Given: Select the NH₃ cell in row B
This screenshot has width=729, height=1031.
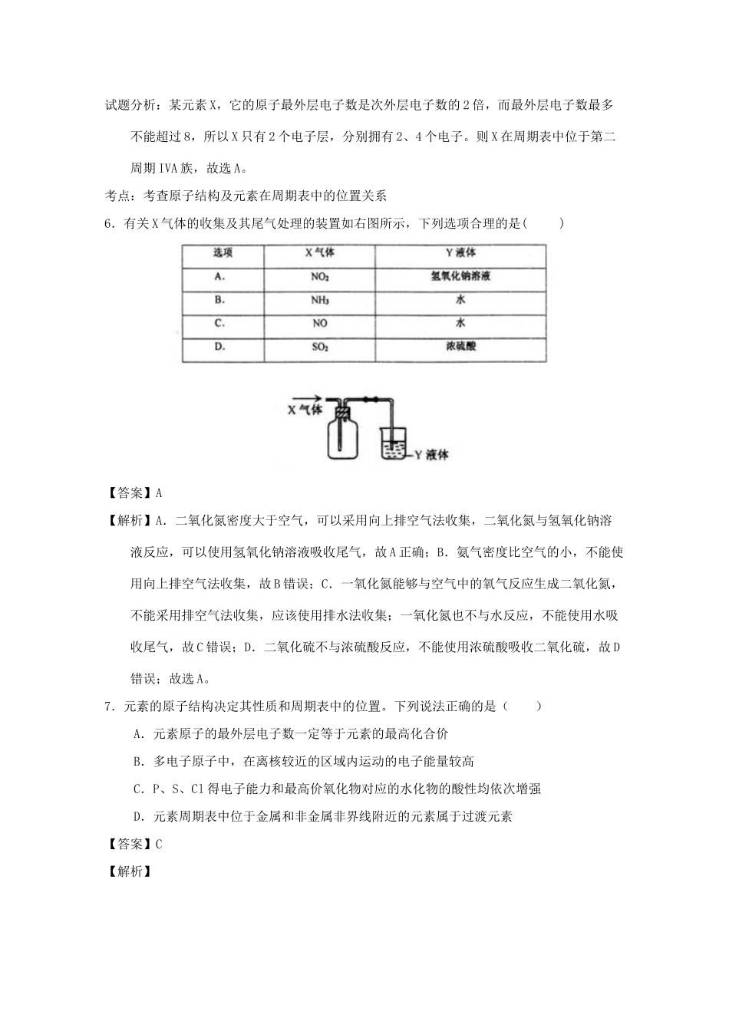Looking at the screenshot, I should (319, 300).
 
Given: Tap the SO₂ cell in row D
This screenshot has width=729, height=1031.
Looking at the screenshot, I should (319, 347).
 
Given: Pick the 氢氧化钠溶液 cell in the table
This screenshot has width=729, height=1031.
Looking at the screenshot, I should (460, 276).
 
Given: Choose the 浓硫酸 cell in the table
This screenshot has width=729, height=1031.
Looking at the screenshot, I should (460, 347).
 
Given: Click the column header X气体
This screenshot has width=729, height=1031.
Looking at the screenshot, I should (319, 253).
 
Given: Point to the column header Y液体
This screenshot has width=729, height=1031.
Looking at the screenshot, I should (460, 253).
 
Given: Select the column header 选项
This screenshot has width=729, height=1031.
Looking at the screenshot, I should (223, 253).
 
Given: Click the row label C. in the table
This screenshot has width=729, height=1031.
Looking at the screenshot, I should (219, 324).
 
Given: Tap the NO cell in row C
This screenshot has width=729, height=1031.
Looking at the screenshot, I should (319, 324).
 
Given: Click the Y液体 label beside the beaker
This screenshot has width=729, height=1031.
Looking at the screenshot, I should (431, 454).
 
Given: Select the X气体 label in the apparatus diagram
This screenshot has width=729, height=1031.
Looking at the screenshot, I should (305, 410).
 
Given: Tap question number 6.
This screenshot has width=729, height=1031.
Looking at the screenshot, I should (109, 224).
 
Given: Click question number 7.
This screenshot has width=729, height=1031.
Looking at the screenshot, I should (109, 707).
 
